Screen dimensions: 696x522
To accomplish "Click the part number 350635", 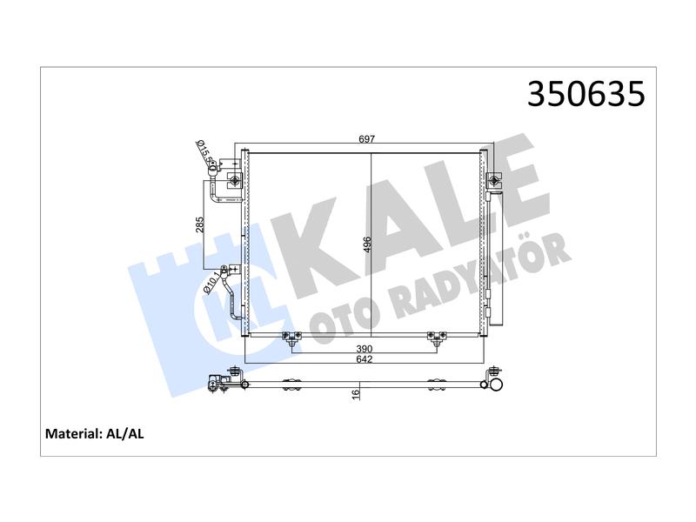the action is [586, 94].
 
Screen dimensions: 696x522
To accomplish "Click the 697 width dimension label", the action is [367, 139].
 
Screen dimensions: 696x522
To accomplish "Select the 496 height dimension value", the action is [366, 244].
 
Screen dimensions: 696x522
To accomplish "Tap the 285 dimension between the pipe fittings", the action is [200, 224].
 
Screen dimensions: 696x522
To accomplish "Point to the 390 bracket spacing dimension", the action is [364, 350].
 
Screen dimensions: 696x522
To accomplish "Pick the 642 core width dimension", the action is [364, 359].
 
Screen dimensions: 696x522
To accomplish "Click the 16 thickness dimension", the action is [356, 395].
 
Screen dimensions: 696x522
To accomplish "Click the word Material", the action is [73, 433].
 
